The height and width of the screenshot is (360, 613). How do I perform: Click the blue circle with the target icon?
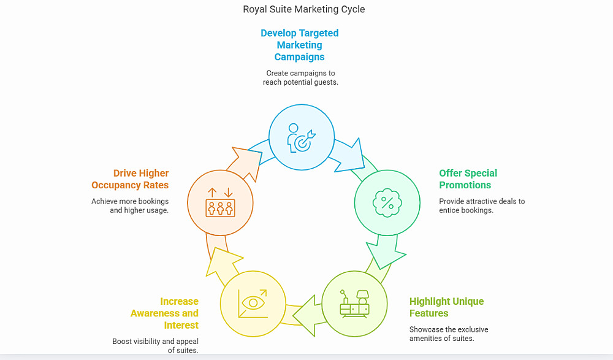coord(302,136)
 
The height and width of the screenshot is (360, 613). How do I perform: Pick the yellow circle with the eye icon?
coord(252,303)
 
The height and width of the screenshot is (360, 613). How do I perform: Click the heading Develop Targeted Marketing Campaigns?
coord(300,45)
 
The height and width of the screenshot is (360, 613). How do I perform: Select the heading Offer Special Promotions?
coord(468,179)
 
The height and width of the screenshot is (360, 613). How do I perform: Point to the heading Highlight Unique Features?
coord(446,307)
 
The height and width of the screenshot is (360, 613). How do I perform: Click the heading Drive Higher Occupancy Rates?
coord(130,179)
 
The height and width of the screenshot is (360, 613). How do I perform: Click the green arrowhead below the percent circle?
coord(384,253)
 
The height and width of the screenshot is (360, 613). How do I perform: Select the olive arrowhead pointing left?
coord(307,315)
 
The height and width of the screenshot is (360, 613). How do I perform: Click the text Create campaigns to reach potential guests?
coord(300,77)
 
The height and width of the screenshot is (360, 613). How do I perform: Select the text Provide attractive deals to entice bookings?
coord(482,205)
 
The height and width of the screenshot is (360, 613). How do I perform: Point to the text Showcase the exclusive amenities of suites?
coord(449,334)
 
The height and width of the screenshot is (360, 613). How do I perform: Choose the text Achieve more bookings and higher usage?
coord(130,205)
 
